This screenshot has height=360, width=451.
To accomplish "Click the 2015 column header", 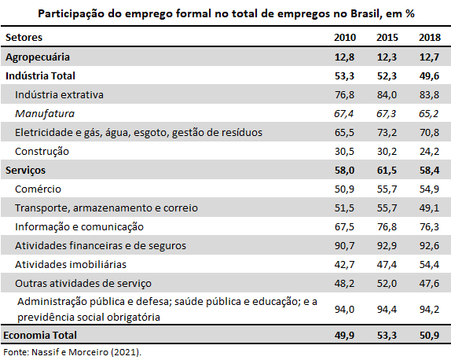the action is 387,38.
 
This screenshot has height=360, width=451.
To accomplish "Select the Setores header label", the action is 24,38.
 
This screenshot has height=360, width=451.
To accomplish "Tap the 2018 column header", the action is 430,38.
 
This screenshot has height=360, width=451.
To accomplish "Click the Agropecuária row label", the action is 38,57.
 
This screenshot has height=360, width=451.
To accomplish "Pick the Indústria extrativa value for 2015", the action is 387,94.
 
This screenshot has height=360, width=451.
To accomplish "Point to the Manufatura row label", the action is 45,114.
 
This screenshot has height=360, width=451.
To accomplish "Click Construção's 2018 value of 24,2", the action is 429,152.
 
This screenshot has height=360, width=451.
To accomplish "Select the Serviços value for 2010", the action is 344,171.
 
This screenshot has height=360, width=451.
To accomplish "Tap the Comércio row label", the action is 38,189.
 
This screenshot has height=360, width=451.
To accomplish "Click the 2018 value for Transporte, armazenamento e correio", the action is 429,208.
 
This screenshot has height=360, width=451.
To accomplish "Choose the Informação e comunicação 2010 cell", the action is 344,226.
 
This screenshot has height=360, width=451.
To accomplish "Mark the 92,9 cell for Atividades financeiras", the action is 387,246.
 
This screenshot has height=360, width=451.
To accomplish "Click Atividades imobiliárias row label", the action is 71,264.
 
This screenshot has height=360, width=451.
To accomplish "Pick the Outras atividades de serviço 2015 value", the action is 387,284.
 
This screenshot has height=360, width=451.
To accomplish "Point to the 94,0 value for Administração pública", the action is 344,310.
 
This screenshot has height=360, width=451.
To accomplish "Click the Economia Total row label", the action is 40,336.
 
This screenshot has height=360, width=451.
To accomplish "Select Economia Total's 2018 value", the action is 429,336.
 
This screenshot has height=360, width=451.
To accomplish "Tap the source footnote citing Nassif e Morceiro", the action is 72,352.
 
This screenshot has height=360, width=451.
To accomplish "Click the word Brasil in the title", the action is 366,13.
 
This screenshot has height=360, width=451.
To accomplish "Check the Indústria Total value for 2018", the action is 429,76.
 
